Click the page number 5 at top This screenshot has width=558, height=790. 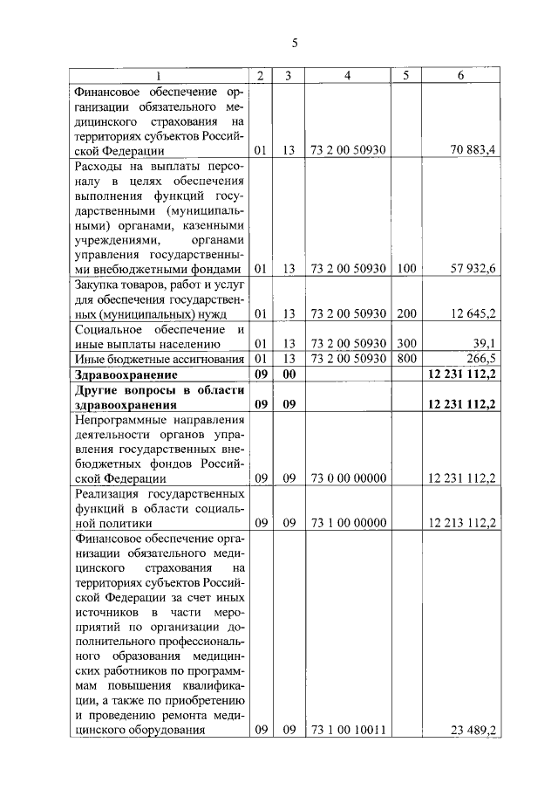[294, 41]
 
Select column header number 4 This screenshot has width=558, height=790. [347, 76]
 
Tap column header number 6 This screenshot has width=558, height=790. [459, 76]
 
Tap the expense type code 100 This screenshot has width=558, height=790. [405, 268]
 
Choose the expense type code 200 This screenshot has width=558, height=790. [405, 313]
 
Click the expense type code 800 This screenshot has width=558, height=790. [405, 358]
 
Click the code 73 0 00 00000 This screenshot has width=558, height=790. [347, 478]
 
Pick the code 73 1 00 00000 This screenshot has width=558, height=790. [347, 523]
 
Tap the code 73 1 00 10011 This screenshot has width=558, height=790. [347, 731]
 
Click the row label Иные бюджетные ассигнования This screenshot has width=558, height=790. [155, 358]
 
